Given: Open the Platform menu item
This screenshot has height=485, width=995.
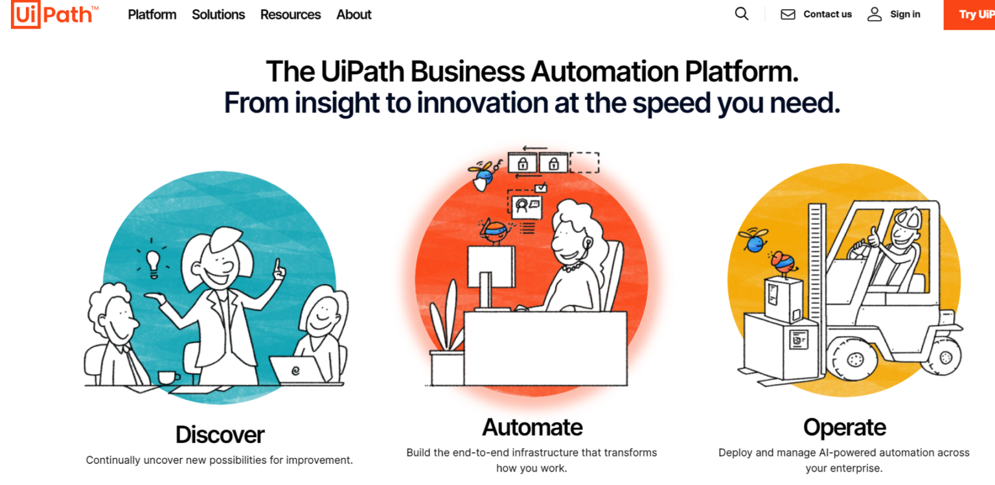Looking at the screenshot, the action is pos(152,15).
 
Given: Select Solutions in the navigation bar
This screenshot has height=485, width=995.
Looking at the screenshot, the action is pos(218,15).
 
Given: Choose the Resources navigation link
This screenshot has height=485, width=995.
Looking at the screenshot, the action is pos(290,15).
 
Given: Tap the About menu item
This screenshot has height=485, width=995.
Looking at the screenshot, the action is pos(354,15).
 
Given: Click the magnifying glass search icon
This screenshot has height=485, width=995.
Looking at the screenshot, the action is pos(741,14).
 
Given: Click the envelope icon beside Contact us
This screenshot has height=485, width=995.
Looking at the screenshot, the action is pos(788,14).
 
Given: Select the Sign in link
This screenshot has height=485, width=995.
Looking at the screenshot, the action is pos(905,14).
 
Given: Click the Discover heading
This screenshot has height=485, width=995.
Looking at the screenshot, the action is pos(220,434).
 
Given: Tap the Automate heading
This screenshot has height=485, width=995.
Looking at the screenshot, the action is pos(532,427).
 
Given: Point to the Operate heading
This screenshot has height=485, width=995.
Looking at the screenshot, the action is pos(845,428).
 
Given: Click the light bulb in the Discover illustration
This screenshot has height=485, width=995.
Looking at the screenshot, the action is pos(154,264).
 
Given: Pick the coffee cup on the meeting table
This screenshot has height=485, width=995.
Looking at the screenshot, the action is pos(168,377).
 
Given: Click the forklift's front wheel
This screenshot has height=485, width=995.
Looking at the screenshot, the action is pos(853,359).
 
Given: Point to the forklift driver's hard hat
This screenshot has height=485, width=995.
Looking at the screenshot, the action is pos(908,219).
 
